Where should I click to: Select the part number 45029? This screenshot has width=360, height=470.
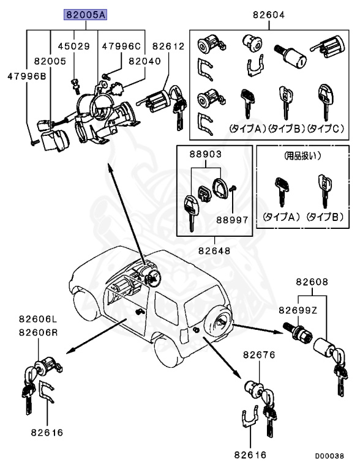coord(73,46)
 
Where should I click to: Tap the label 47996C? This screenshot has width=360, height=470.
coord(121,46)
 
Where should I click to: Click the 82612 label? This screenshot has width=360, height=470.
coord(168,46)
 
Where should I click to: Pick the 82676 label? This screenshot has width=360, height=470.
coord(260,354)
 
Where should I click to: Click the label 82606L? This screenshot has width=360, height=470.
coord(37,319)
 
